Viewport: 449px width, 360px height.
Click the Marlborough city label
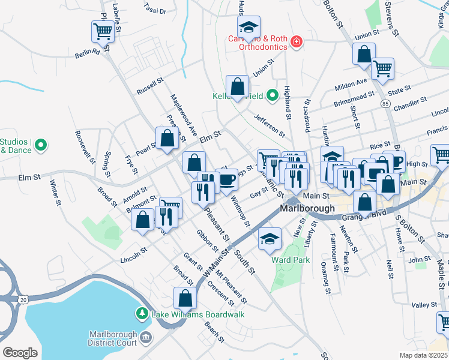307,209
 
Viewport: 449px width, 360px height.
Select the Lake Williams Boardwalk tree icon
142,313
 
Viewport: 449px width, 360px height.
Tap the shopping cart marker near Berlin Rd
103,31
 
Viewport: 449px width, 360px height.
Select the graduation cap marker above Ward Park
270,238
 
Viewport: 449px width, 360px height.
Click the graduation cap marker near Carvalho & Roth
249,26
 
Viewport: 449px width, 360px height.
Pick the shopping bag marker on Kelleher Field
238,86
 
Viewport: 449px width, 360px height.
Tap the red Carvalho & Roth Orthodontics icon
295,41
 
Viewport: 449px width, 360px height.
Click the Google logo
20,352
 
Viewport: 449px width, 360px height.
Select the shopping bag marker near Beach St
185,298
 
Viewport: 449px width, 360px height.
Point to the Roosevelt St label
85,147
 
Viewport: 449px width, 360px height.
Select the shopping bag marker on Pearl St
167,138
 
